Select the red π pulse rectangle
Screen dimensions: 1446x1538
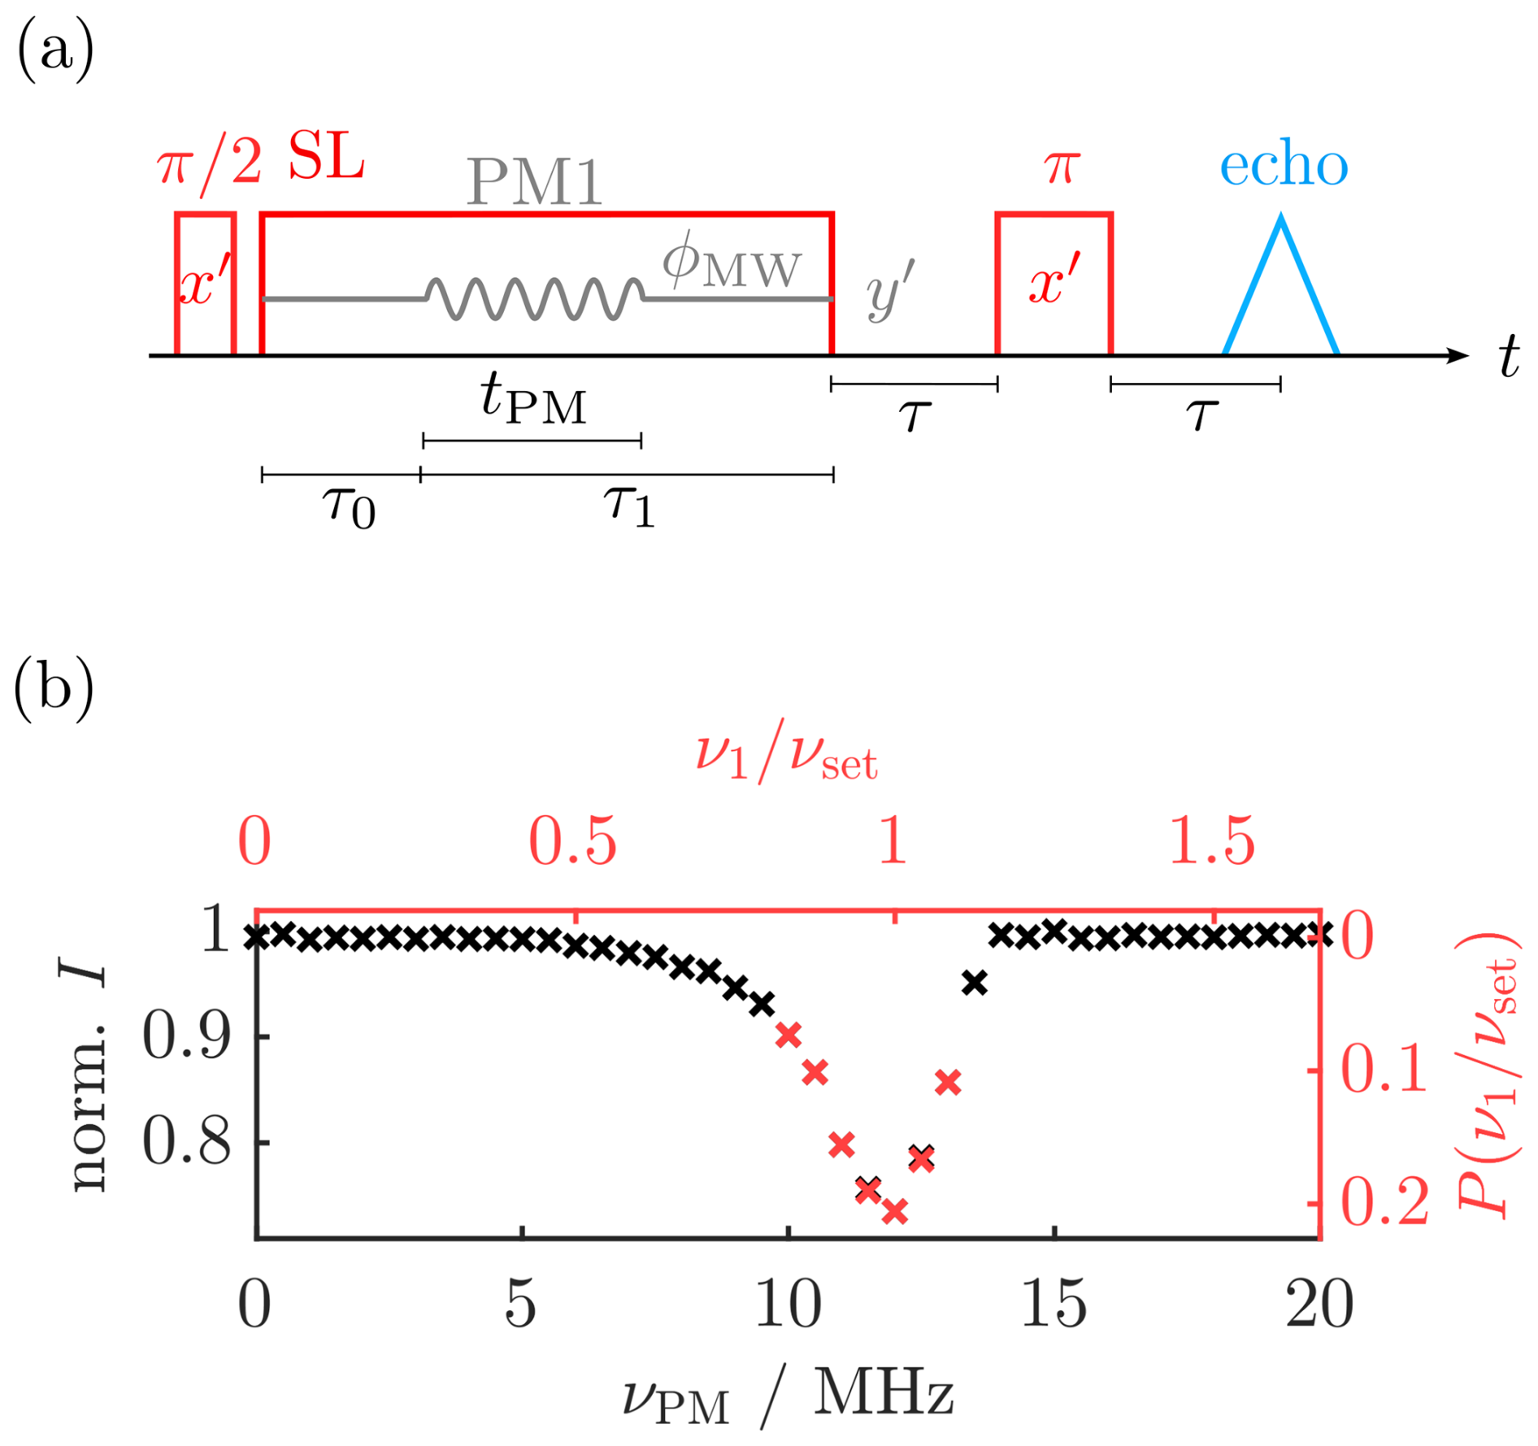pos(1054,284)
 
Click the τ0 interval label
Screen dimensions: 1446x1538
pos(349,506)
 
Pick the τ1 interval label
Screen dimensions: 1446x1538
pos(629,505)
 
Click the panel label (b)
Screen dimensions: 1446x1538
pos(54,688)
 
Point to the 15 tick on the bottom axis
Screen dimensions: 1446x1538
pos(1054,1305)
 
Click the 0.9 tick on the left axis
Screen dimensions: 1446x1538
pos(186,1036)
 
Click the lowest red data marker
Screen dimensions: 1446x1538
pos(894,1211)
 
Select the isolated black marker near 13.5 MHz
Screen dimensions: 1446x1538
pos(974,984)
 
